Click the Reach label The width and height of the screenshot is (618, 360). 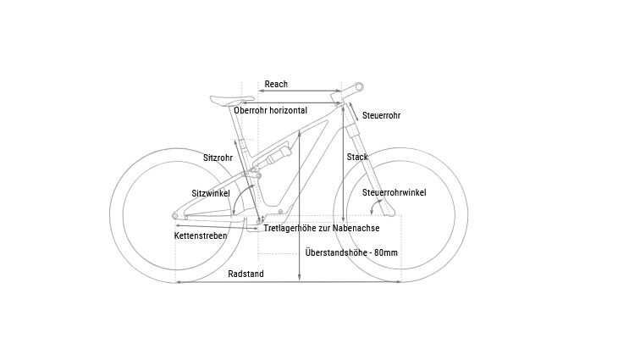click(276, 84)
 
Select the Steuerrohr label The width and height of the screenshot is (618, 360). click(381, 115)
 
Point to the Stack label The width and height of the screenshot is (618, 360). click(356, 158)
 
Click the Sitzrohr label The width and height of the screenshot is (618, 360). click(218, 158)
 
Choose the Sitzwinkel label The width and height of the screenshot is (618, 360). click(211, 193)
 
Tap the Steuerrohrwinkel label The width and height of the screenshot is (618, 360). click(394, 193)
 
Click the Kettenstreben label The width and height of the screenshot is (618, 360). click(201, 235)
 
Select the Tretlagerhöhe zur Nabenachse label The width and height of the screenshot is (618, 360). click(321, 229)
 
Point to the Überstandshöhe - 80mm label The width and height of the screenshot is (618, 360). click(350, 252)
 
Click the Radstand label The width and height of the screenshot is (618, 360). click(246, 274)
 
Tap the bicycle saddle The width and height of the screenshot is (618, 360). click(227, 98)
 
